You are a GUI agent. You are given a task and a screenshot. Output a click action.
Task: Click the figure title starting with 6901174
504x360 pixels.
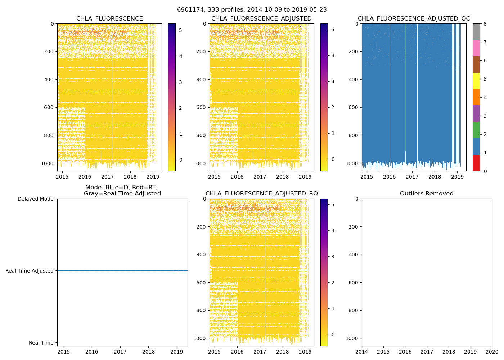(252, 10)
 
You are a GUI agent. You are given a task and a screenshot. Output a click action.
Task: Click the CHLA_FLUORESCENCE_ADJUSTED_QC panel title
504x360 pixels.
(414, 19)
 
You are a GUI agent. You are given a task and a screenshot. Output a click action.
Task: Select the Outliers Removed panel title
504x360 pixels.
(427, 194)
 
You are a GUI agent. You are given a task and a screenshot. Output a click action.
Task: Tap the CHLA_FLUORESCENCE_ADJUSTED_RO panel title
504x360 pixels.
(262, 194)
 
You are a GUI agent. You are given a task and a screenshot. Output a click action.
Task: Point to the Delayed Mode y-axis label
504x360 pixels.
(35, 199)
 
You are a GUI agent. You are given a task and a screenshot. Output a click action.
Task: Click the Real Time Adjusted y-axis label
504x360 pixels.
(30, 271)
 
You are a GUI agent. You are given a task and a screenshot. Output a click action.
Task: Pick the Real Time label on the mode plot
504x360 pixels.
(41, 343)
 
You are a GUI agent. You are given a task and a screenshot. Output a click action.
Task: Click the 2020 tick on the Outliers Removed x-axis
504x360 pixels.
(492, 352)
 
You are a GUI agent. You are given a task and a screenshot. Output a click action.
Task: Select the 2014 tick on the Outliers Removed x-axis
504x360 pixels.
(362, 352)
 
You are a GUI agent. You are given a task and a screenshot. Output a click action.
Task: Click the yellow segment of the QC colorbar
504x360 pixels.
(476, 81)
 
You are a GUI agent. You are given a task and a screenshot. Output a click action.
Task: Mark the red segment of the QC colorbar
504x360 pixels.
(476, 163)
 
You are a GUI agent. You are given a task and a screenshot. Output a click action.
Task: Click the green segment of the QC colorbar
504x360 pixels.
(476, 130)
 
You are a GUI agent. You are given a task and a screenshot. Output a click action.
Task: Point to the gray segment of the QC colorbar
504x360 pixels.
(476, 32)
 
